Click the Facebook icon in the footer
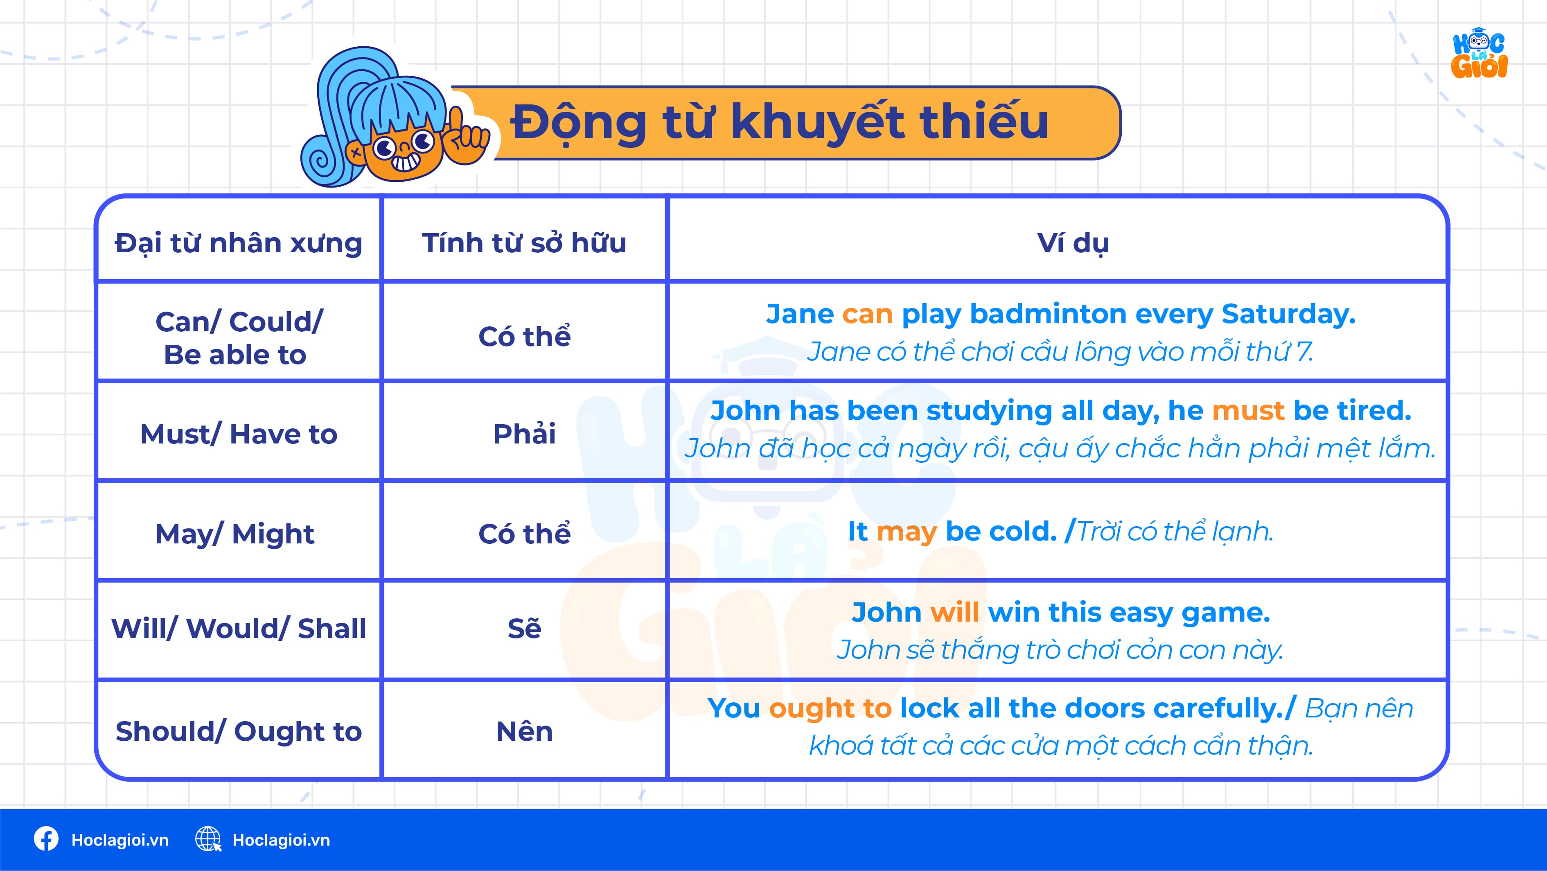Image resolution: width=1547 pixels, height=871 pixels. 46,839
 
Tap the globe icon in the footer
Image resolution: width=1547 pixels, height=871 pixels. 208,839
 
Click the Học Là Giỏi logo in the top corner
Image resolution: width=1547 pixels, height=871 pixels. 1479,54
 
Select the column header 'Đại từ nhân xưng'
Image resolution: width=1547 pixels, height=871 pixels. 239,243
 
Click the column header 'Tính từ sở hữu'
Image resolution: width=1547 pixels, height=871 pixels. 524,243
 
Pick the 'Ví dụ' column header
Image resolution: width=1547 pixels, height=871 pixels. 1073,243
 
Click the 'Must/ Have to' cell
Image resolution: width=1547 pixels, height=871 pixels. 239,434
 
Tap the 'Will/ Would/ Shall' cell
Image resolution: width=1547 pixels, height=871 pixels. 239,628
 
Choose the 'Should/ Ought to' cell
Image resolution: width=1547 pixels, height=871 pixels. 239,731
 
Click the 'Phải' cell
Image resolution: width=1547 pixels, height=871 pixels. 524,434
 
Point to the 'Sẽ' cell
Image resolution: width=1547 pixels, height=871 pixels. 524,628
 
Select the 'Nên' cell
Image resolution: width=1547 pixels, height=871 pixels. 524,731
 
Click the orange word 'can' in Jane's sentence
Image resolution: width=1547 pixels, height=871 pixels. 867,314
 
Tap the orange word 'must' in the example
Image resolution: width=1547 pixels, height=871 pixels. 1248,411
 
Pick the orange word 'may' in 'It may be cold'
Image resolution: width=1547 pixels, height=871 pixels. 906,532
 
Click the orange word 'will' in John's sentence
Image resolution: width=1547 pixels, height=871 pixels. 954,613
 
